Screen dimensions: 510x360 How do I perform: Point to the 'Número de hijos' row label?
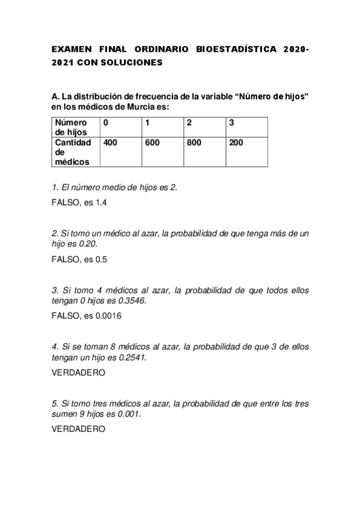click(x=71, y=127)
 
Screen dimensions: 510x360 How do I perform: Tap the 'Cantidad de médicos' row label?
click(x=73, y=152)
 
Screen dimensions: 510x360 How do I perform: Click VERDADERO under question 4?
click(x=79, y=373)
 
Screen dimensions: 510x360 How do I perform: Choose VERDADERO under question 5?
click(x=79, y=429)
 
